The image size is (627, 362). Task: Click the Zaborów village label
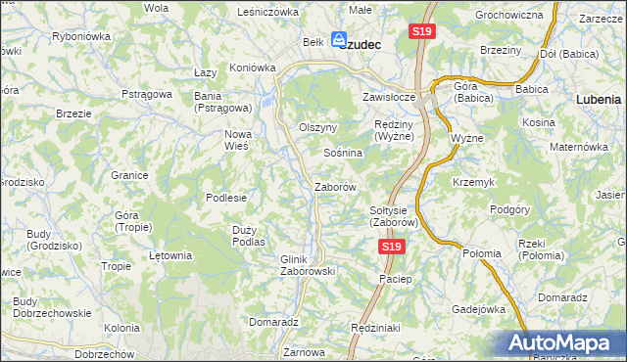pos(333,186)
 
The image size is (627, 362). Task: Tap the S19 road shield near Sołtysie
pos(391,248)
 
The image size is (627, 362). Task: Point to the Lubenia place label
pos(599,99)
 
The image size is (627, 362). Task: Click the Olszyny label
pos(317,128)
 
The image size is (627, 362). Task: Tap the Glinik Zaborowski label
pos(308,265)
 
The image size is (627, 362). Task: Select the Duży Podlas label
pos(249,235)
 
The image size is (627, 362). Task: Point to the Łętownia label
pos(169,255)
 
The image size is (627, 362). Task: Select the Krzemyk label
pos(473,183)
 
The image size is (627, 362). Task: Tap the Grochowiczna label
pos(508,16)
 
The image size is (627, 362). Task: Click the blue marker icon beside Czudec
pos(338,41)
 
